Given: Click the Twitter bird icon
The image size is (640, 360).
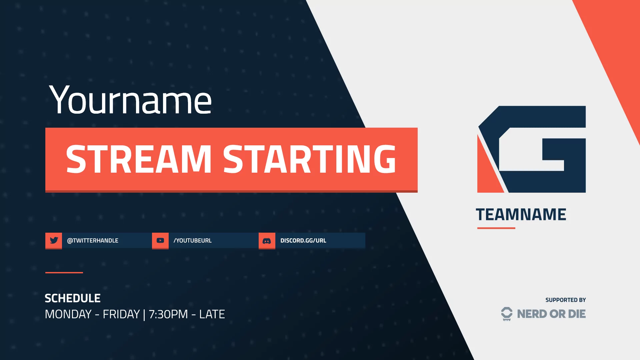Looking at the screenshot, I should click(x=54, y=240).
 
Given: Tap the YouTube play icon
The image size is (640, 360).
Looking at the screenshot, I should click(x=160, y=240).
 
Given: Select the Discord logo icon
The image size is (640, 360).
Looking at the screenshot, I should click(x=267, y=241).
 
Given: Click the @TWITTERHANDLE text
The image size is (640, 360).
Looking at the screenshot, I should click(x=93, y=241).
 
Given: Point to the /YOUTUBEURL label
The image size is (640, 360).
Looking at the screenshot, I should click(x=193, y=241).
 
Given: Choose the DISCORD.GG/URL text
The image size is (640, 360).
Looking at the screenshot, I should click(x=303, y=241).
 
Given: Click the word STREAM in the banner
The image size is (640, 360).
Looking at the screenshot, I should click(x=139, y=159).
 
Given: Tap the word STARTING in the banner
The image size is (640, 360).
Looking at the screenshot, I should click(x=309, y=159).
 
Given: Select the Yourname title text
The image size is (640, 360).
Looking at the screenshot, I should click(x=130, y=100).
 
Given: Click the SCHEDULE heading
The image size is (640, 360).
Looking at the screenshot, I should click(x=73, y=298).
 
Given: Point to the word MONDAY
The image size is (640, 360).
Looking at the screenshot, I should click(x=68, y=314).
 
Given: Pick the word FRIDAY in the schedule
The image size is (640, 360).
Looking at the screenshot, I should click(x=121, y=314).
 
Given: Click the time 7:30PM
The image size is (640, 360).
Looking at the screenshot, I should click(x=168, y=314).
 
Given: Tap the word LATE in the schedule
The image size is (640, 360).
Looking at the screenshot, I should click(x=212, y=314).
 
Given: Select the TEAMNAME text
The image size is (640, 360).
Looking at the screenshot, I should click(x=521, y=215).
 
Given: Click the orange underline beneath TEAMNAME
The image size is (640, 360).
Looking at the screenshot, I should click(x=496, y=228).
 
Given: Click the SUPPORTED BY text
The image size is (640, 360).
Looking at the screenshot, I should click(x=565, y=300).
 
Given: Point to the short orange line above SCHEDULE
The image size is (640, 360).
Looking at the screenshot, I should click(x=64, y=273).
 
